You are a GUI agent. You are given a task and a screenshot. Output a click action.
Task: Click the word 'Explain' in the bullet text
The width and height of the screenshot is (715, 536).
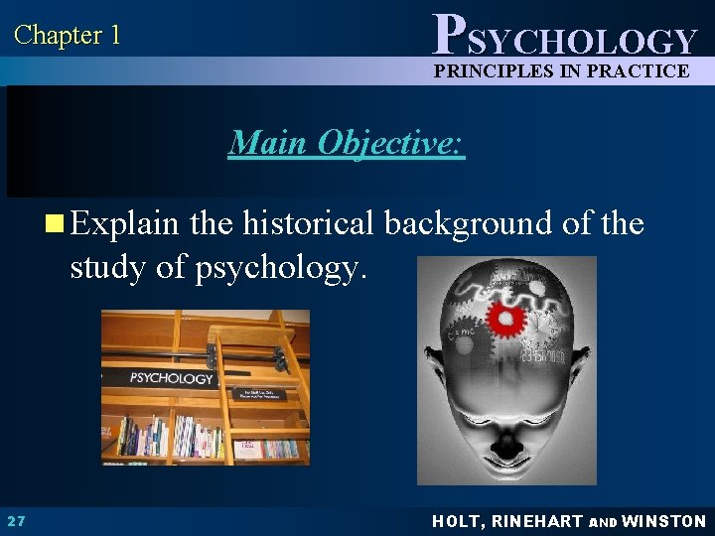pos(125,223)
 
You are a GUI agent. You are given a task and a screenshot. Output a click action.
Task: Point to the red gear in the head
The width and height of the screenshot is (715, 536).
pos(506,319)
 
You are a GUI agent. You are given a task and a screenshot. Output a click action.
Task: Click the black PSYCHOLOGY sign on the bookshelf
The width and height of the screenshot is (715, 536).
pos(171,378)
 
